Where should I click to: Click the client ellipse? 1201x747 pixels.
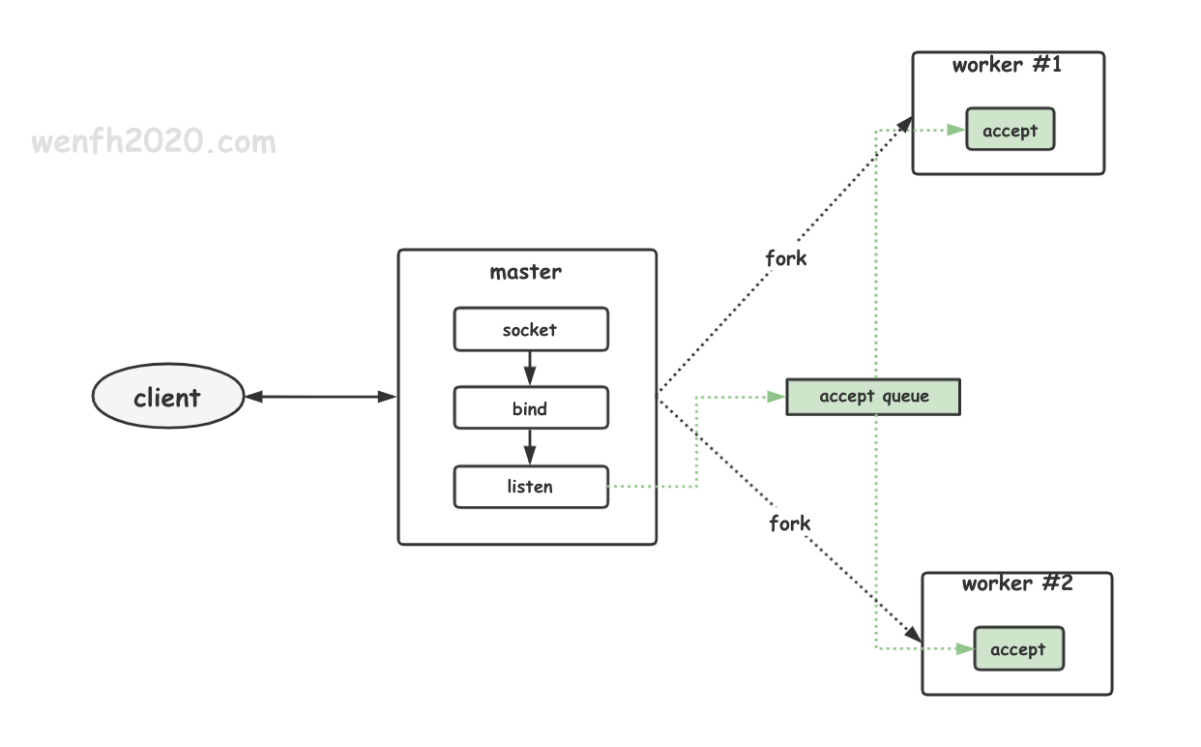(x=168, y=396)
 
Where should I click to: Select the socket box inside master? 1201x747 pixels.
(x=531, y=329)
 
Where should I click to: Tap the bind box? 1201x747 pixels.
(x=531, y=407)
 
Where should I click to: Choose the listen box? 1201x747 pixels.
(x=531, y=487)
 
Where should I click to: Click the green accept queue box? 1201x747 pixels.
(x=873, y=397)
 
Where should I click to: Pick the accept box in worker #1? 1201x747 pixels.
(x=1011, y=130)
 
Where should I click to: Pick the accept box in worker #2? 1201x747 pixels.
(x=1018, y=648)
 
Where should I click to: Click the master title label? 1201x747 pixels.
(x=525, y=272)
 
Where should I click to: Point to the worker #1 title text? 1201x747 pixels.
(x=1007, y=65)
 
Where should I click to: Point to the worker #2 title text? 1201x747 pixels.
(x=1017, y=583)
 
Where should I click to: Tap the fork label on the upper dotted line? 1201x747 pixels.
(x=785, y=258)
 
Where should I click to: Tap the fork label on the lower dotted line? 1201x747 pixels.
(x=790, y=523)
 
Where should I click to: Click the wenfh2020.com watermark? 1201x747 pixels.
(x=154, y=141)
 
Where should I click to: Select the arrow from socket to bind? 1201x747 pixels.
(x=530, y=369)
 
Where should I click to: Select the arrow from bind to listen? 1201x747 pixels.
(x=530, y=447)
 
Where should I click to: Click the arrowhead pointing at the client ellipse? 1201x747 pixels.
(x=253, y=397)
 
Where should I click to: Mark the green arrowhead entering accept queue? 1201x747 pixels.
(x=776, y=397)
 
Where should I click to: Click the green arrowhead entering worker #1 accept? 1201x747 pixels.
(x=956, y=130)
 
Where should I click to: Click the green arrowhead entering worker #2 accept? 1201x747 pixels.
(x=964, y=649)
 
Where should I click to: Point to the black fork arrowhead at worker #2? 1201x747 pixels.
(x=914, y=635)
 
